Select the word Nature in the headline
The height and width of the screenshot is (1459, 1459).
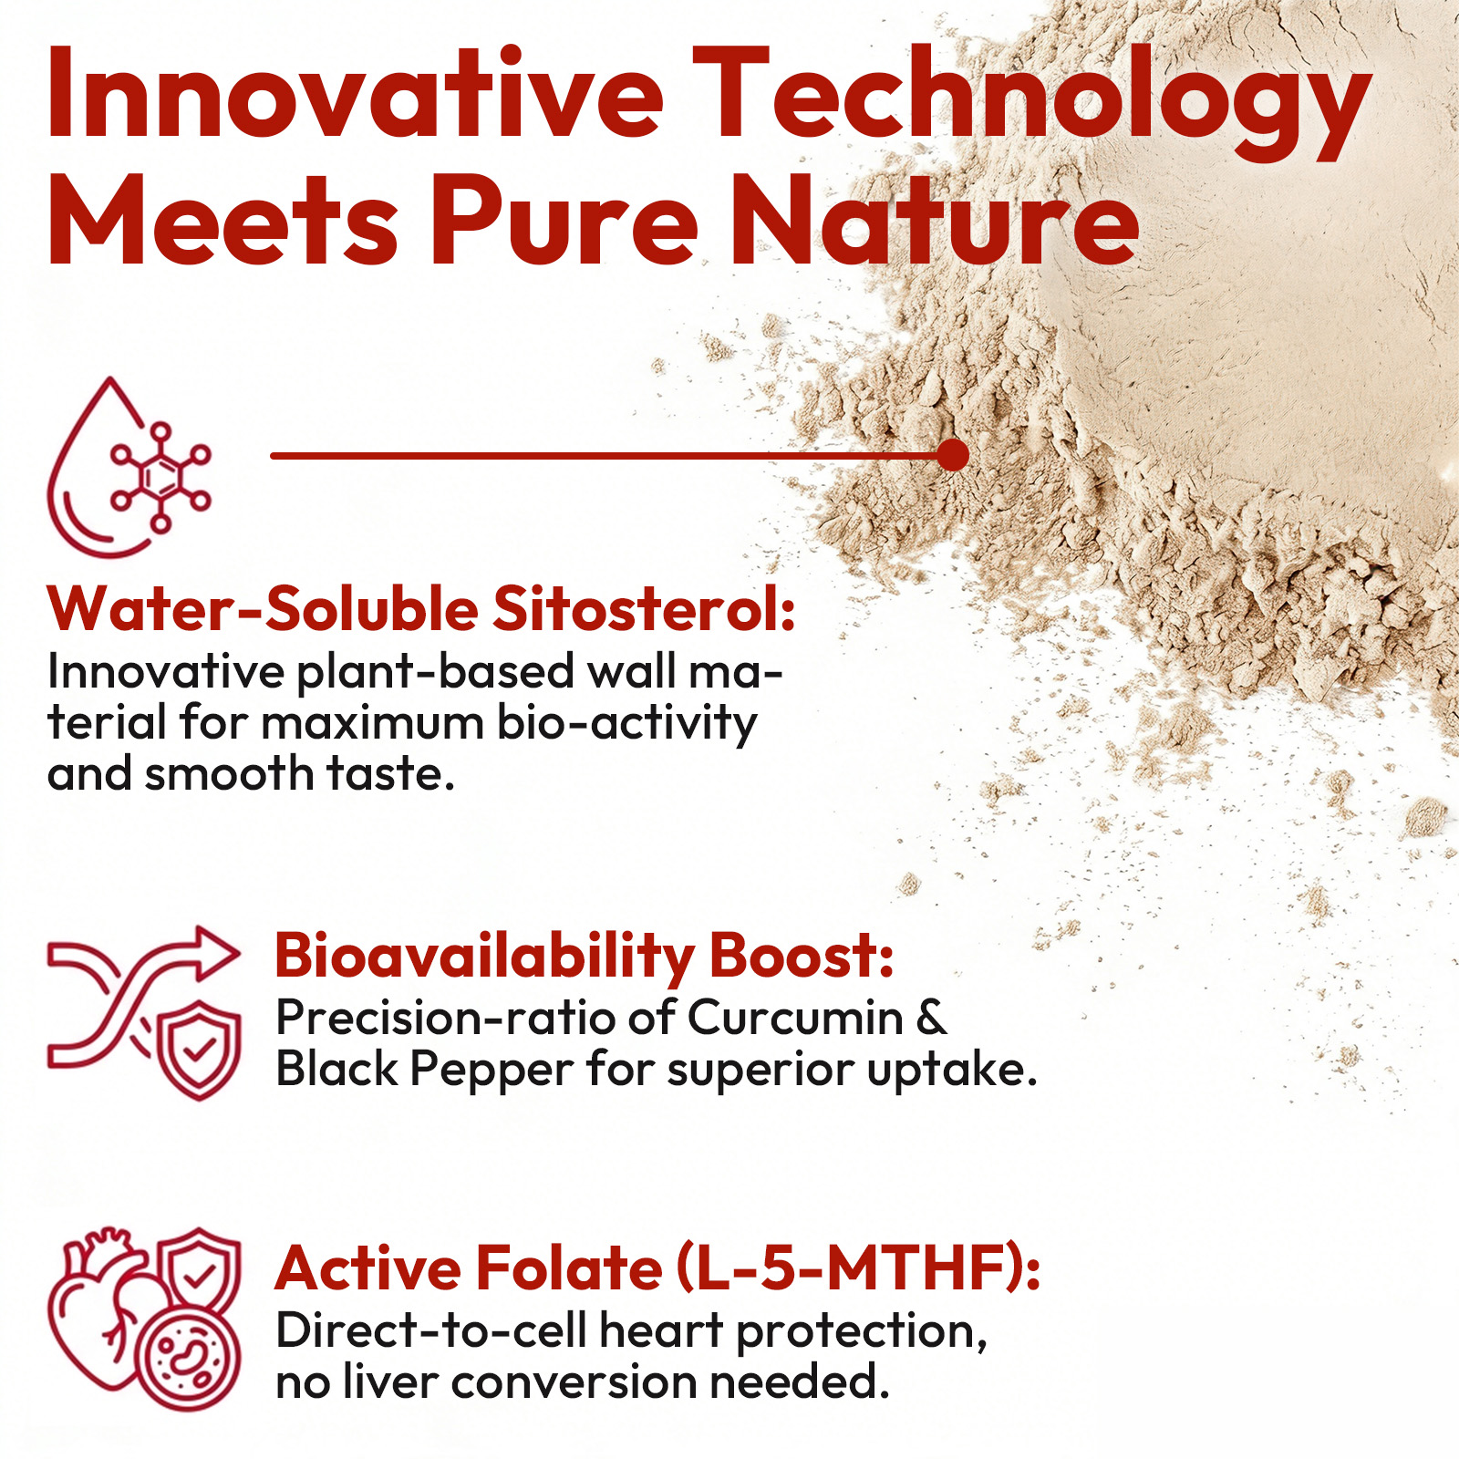[x=936, y=221]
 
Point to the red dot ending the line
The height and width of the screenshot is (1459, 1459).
[x=953, y=455]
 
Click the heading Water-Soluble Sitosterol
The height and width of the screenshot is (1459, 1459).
[x=422, y=608]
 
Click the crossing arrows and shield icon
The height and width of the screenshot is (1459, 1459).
[x=144, y=1013]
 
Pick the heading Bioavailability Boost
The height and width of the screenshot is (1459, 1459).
[x=585, y=957]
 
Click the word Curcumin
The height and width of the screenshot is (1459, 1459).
[x=794, y=1018]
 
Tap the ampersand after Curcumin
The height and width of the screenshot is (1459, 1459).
[x=931, y=1018]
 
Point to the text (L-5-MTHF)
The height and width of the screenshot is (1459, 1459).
[x=858, y=1268]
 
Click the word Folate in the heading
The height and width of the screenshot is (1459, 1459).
[x=570, y=1268]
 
